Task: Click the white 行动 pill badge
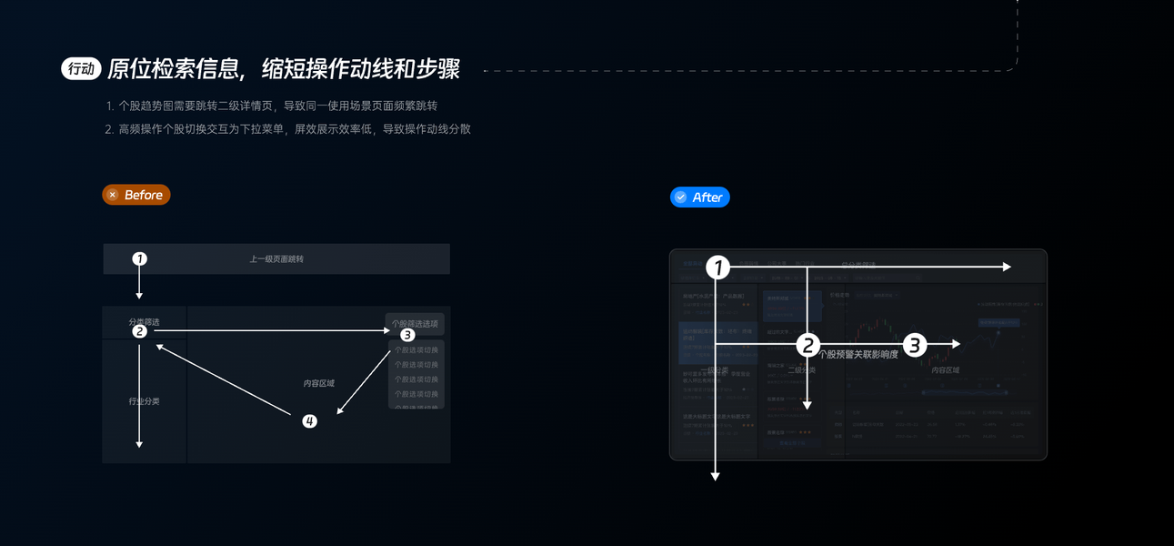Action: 80,69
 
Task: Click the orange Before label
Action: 136,195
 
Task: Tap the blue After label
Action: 700,197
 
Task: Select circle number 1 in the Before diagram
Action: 139,258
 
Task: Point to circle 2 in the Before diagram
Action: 139,331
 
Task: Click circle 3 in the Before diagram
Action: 407,335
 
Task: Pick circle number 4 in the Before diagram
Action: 310,421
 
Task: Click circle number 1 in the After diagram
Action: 718,268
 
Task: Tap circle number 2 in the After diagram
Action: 808,345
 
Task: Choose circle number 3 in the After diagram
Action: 915,345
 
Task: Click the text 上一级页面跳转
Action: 276,259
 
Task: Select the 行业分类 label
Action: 144,401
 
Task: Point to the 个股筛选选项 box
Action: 415,323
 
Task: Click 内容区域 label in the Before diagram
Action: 318,383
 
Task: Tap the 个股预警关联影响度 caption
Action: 858,355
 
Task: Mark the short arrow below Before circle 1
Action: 139,283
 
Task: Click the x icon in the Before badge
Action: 113,195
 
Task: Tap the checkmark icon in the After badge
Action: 680,197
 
